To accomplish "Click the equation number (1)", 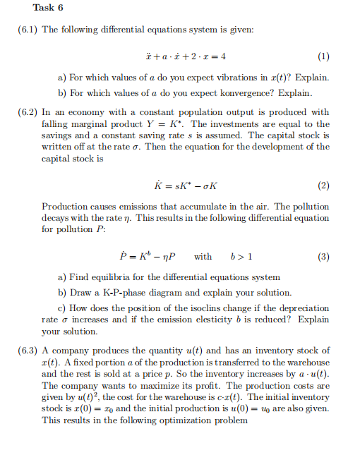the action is [x=323, y=55].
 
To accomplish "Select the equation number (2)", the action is [x=323, y=186].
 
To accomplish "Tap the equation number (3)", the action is [x=323, y=256].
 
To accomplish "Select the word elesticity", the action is [x=251, y=320].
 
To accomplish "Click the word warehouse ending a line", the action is [x=308, y=363].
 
